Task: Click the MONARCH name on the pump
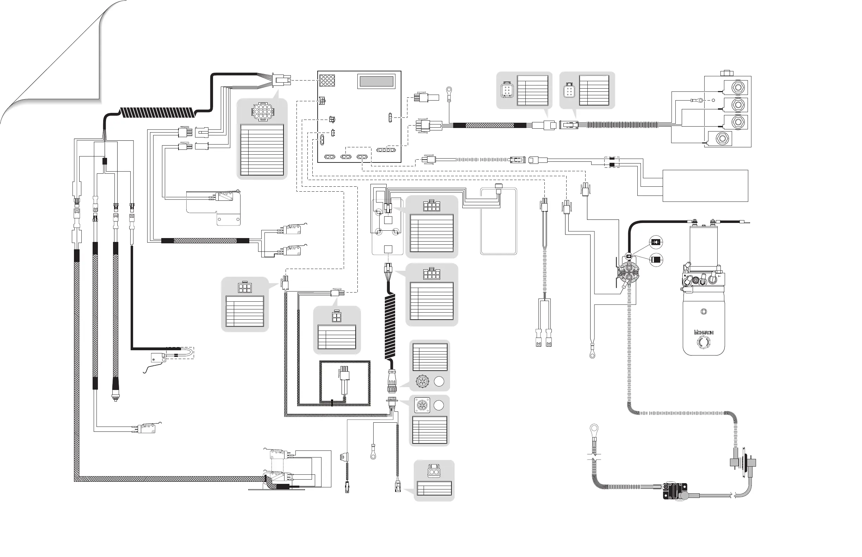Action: coord(704,332)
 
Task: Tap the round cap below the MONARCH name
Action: coord(704,342)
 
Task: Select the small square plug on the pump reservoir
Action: coord(704,312)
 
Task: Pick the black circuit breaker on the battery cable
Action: coord(675,491)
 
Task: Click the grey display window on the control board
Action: coord(376,81)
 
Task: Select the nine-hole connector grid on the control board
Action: coord(327,80)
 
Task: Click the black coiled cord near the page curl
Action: coord(157,113)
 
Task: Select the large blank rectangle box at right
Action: coord(705,186)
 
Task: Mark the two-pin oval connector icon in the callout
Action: coord(434,472)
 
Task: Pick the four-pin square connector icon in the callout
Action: coord(337,317)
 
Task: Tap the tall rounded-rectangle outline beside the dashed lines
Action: coord(498,221)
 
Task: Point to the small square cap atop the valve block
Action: coord(726,73)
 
